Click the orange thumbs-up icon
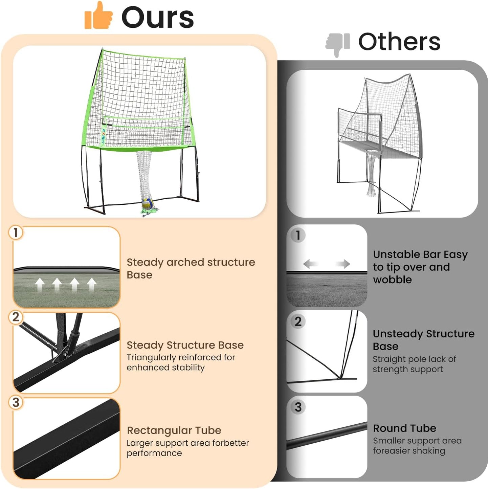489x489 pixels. click(98, 16)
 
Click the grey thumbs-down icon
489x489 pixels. click(337, 44)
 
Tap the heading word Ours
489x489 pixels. click(157, 18)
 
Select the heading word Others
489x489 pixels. click(399, 42)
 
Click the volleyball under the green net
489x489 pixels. click(148, 204)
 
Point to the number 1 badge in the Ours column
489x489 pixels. click(16, 233)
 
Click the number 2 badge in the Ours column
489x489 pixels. click(16, 317)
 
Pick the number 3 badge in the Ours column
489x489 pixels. click(16, 403)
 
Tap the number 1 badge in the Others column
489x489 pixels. click(298, 235)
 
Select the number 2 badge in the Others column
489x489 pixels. click(298, 321)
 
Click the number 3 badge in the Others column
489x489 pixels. click(298, 407)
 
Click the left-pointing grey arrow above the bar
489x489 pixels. click(310, 264)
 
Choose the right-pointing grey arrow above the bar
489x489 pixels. click(343, 264)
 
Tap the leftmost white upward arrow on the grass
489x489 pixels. click(40, 285)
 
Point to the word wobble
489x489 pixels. click(392, 280)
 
